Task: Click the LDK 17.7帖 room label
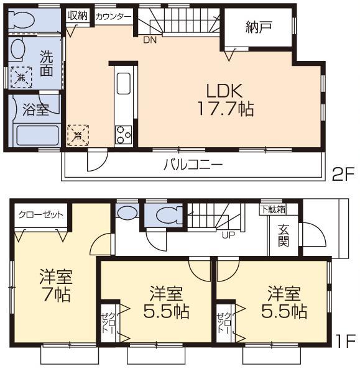[224, 99]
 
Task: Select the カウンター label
[113, 17]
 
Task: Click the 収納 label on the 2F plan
[78, 15]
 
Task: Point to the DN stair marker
[150, 40]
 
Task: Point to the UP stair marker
[228, 234]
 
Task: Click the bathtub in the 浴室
[36, 135]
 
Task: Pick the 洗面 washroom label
[47, 62]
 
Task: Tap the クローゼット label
[40, 214]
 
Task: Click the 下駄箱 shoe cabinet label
[273, 209]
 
